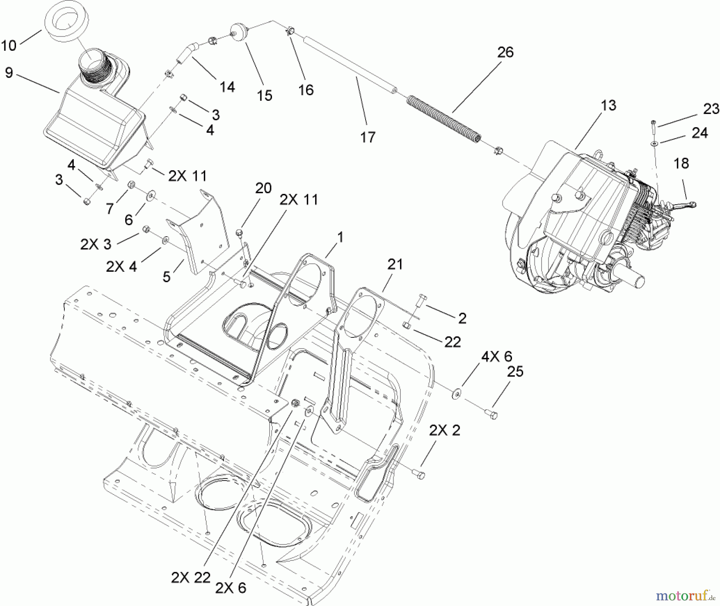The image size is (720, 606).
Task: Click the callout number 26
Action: coord(505,52)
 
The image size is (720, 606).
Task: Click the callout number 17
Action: coord(368,137)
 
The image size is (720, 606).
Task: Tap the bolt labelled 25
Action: coord(492,414)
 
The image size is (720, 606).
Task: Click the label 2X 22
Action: coord(190,577)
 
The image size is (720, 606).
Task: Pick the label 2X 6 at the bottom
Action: coord(231,588)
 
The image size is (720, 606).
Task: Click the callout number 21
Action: coord(395,265)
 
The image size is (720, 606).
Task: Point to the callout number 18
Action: coord(681,163)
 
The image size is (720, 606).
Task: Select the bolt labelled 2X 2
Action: coord(420,474)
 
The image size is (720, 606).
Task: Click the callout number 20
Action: coord(263,188)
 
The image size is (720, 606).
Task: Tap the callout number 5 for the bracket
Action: coord(167,277)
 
